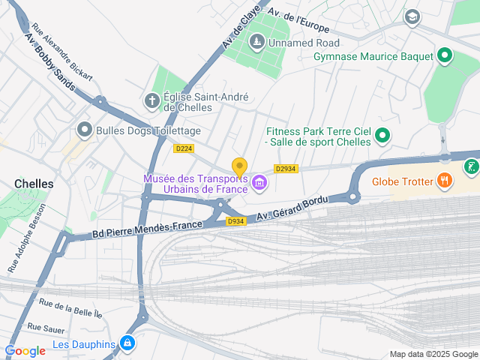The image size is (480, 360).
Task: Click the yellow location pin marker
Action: point(239,167)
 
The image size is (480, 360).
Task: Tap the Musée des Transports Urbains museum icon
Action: point(259,182)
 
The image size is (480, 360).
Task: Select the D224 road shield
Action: point(184,148)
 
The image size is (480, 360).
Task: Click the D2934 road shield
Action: point(286,169)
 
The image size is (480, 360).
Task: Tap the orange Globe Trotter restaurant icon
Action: point(445,180)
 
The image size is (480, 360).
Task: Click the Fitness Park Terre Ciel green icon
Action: point(382,136)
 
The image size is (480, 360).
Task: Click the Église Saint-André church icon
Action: point(152,100)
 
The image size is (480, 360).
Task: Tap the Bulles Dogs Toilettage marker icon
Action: point(85,130)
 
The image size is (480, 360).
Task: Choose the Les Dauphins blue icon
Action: point(128,343)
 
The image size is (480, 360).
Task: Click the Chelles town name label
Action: point(34,184)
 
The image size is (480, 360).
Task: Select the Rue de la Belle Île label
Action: point(70,308)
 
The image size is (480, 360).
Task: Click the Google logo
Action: point(25,350)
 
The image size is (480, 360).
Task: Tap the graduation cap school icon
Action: point(412,16)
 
